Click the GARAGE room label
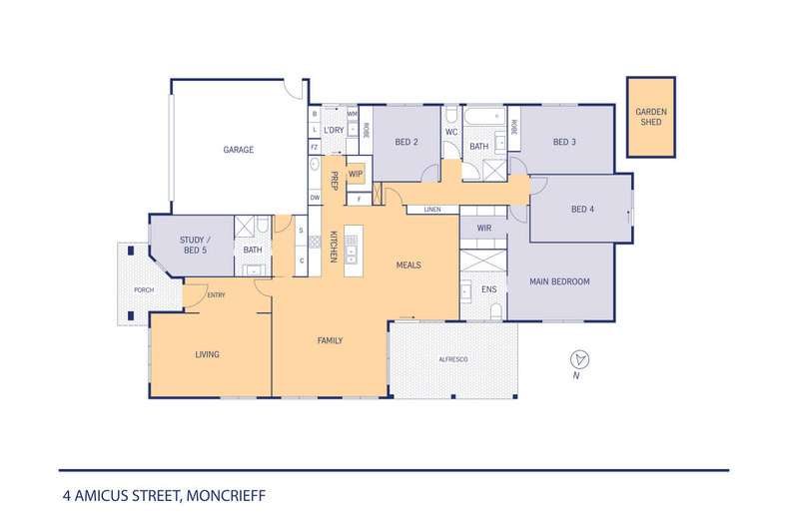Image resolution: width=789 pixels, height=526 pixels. point(238,150)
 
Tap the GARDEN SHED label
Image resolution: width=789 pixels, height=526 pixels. point(650,119)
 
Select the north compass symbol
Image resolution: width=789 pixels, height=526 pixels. point(577,360)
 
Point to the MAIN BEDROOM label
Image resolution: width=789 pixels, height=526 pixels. point(558,281)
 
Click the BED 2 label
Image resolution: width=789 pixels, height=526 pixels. point(405,142)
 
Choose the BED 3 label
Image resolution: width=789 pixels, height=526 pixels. point(565,142)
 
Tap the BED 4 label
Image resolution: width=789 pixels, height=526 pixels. point(581,210)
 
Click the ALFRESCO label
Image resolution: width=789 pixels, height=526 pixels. point(454,358)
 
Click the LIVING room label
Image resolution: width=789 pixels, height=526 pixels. point(207,354)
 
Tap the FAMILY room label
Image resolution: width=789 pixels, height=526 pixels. point(329,340)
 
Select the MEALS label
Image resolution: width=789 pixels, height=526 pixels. point(407,265)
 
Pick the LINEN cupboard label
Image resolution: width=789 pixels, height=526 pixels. point(431,210)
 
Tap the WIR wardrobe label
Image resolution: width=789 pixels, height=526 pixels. point(484,229)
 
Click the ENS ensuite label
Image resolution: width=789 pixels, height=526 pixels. point(488,289)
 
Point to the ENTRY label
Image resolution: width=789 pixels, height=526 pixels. point(216,294)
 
